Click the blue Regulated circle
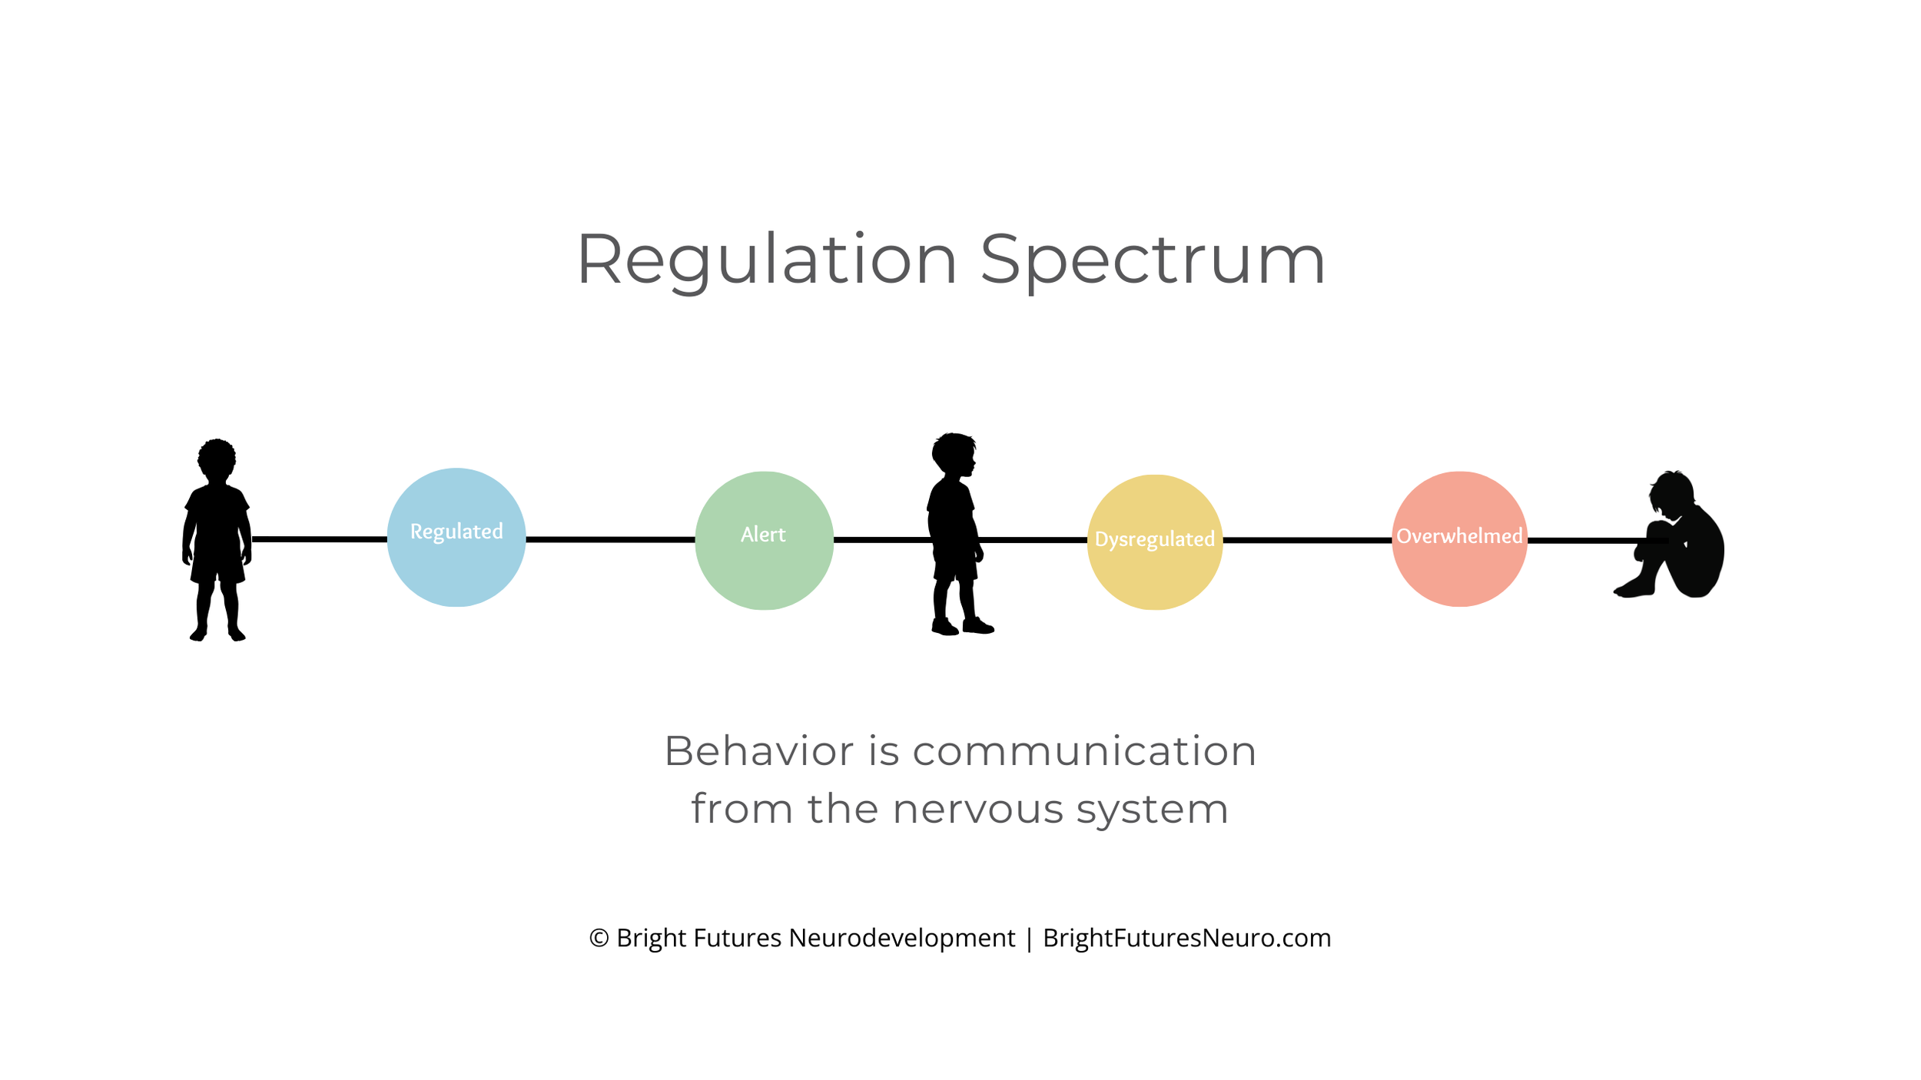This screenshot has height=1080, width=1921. click(x=456, y=538)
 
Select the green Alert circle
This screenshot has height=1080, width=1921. click(x=764, y=541)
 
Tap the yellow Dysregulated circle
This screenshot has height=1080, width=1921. click(x=1154, y=542)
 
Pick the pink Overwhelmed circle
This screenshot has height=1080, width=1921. click(x=1459, y=539)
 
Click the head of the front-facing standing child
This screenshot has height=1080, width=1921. click(x=217, y=459)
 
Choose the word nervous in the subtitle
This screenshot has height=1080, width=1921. click(x=977, y=810)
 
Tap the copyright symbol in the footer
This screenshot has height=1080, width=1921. click(x=599, y=938)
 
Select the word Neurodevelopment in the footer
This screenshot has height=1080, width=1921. click(x=901, y=938)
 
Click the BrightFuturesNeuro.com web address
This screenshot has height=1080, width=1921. click(x=1186, y=938)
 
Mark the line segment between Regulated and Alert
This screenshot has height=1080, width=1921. click(x=610, y=539)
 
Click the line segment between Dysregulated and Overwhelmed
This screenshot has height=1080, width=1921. click(x=1306, y=540)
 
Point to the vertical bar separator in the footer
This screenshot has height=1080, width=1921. click(x=1029, y=939)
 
